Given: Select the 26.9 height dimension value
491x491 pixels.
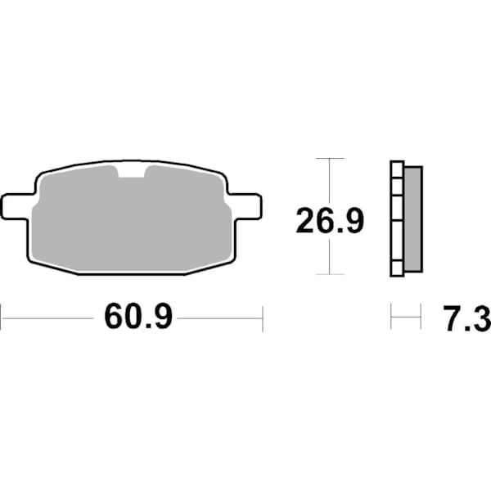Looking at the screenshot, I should [329, 221].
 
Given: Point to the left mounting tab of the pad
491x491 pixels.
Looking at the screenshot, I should [17, 205].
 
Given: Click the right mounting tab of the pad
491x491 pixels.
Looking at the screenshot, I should [245, 205].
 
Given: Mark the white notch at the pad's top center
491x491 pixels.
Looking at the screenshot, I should [131, 171].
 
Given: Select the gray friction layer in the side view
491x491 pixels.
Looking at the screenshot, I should [413, 218].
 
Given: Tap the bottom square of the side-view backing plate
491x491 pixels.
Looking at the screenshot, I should [397, 268].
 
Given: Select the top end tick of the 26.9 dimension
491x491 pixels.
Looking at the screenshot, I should [329, 158].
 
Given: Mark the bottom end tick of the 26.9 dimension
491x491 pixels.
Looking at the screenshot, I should [329, 274].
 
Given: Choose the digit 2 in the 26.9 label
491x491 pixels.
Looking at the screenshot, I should [306, 221].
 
